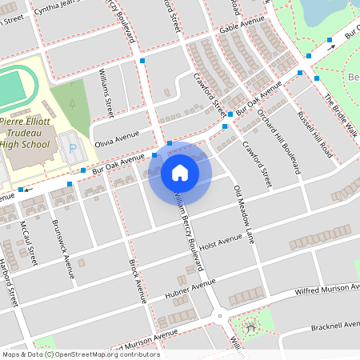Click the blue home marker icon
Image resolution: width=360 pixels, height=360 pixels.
180,172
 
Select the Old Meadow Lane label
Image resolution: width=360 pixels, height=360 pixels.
243,214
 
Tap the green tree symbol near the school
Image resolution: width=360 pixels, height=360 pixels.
73,104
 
